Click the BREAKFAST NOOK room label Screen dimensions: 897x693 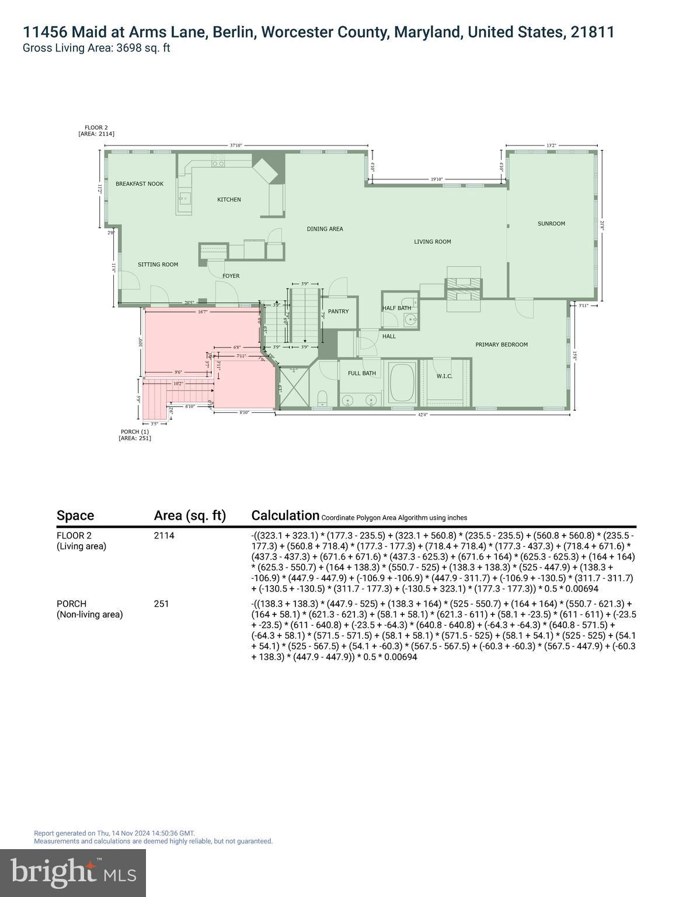pyautogui.click(x=140, y=184)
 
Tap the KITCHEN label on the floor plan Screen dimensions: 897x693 pyautogui.click(x=229, y=200)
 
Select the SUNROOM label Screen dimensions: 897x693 pyautogui.click(x=551, y=224)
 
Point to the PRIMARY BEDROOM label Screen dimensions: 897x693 pyautogui.click(x=501, y=345)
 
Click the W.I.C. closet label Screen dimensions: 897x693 pyautogui.click(x=444, y=376)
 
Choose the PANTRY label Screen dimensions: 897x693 pyautogui.click(x=338, y=311)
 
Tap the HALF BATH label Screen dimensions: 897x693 pyautogui.click(x=396, y=308)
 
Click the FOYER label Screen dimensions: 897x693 pyautogui.click(x=231, y=276)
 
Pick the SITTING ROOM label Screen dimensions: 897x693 pyautogui.click(x=158, y=265)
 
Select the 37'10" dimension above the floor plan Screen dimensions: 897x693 pyautogui.click(x=236, y=145)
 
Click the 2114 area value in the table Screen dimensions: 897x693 pyautogui.click(x=164, y=536)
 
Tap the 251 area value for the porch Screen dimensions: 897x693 pyautogui.click(x=161, y=604)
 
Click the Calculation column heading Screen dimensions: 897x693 pyautogui.click(x=285, y=516)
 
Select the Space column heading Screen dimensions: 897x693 pyautogui.click(x=75, y=516)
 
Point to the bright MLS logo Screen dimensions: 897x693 pyautogui.click(x=73, y=872)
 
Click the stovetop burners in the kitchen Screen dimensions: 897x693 pyautogui.click(x=218, y=161)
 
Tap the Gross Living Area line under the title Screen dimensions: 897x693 pyautogui.click(x=96, y=48)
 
